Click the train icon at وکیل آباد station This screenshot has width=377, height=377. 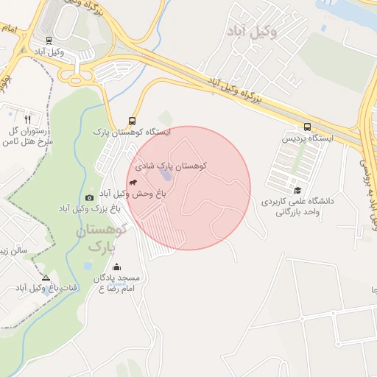click(x=49, y=40)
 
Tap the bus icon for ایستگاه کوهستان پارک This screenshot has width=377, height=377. click(x=132, y=121)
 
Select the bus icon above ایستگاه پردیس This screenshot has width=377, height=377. click(x=307, y=127)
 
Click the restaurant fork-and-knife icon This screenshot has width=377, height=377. click(x=28, y=119)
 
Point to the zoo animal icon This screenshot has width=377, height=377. click(x=133, y=181)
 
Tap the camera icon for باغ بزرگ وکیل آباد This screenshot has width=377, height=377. click(x=90, y=197)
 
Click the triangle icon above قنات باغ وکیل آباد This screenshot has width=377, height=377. click(x=46, y=278)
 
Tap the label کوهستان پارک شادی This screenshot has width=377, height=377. click(x=169, y=166)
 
